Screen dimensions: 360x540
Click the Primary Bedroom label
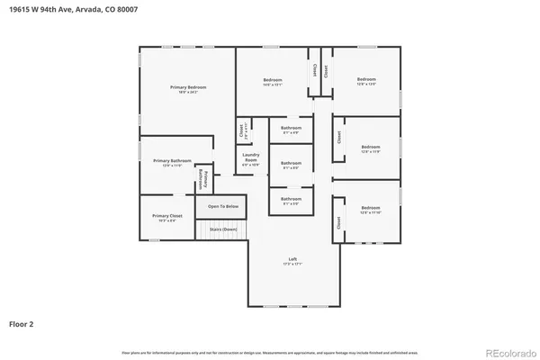[188, 88]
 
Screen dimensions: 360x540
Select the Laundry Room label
[250, 158]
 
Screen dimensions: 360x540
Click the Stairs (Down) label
[223, 229]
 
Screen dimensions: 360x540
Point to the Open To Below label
[223, 207]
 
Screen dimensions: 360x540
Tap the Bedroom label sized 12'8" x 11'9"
[371, 148]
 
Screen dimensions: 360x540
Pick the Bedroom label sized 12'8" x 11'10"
[371, 211]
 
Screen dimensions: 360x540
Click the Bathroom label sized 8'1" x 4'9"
[291, 130]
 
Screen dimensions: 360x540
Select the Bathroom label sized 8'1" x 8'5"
[291, 165]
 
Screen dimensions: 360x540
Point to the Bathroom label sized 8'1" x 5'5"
[291, 201]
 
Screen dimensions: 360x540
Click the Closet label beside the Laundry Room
[241, 131]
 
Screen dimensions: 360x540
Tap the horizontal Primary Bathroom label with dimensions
[166, 162]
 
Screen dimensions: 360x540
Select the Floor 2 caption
[22, 322]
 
